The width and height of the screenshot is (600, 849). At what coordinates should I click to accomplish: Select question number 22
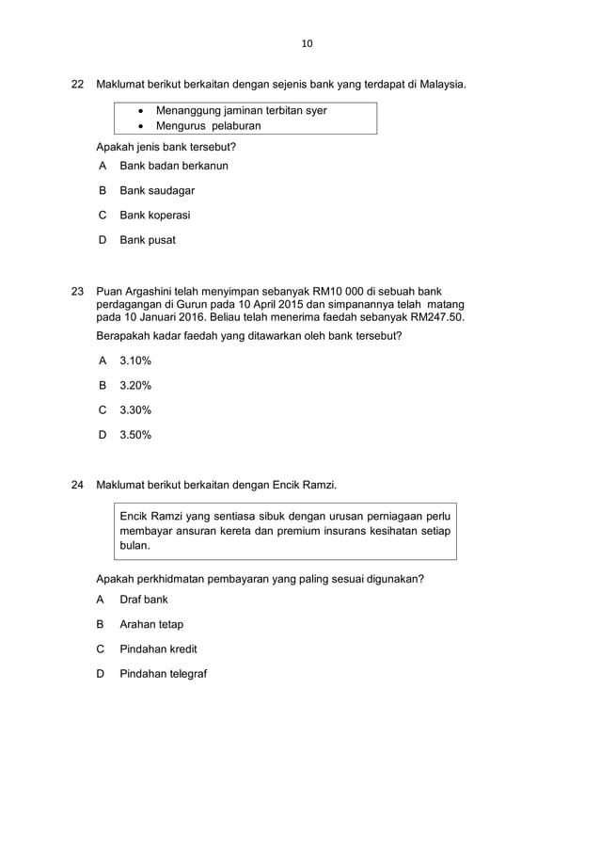point(79,85)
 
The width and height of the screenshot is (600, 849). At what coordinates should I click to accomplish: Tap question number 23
point(79,291)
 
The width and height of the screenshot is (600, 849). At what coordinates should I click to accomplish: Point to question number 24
point(79,486)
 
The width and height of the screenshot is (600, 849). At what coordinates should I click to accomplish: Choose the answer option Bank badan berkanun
point(173,166)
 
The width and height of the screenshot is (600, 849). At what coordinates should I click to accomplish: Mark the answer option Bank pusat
point(147,240)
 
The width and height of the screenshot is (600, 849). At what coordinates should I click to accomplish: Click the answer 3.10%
point(135,360)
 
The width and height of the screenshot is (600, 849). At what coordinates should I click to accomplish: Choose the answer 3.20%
point(135,385)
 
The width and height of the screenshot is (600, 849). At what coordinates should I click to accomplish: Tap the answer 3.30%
point(135,409)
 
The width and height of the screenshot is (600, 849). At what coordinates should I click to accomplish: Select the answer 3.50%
point(135,435)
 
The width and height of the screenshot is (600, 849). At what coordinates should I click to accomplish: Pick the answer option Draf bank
point(143,600)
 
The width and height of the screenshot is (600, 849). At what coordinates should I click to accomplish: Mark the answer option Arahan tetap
point(150,624)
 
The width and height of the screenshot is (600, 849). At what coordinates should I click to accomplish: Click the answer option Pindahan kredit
point(158,649)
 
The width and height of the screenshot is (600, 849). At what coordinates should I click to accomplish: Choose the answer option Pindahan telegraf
point(163,674)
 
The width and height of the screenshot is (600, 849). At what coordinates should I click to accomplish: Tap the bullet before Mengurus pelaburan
point(141,126)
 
